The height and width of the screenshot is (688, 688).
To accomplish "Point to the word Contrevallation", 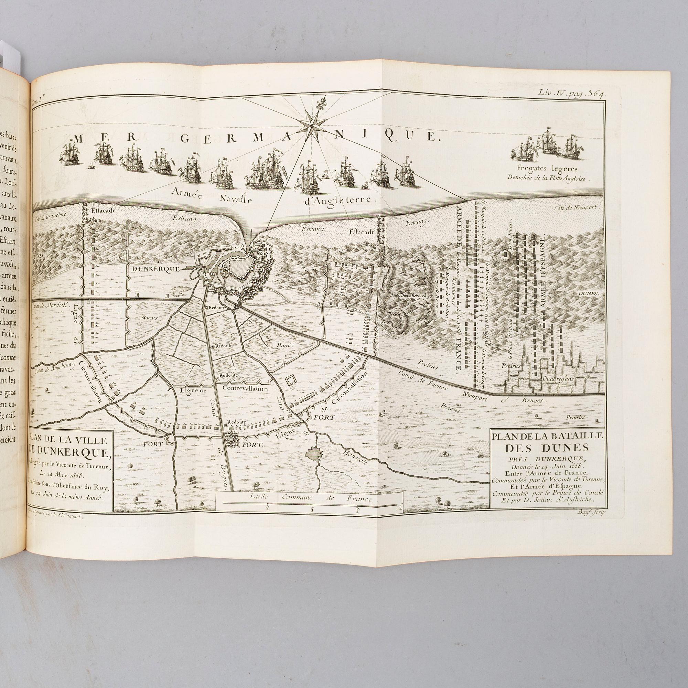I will [x=245, y=389].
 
